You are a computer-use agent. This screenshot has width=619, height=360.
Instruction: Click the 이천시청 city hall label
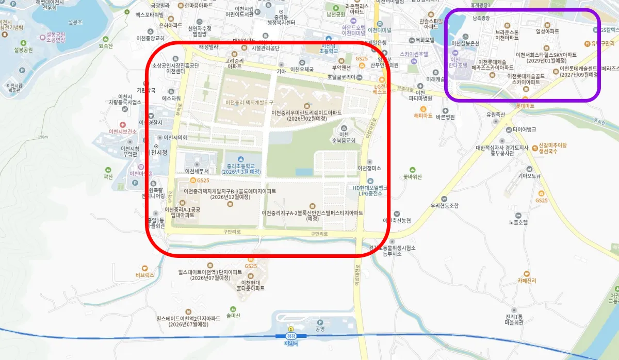tap(157, 153)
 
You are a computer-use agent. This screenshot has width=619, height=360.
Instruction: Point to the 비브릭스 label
tap(144, 275)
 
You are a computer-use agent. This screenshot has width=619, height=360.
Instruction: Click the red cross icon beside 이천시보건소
tap(122, 125)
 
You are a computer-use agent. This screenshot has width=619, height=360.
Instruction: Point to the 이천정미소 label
tap(369, 168)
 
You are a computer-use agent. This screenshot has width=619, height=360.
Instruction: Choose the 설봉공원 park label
tap(24, 50)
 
